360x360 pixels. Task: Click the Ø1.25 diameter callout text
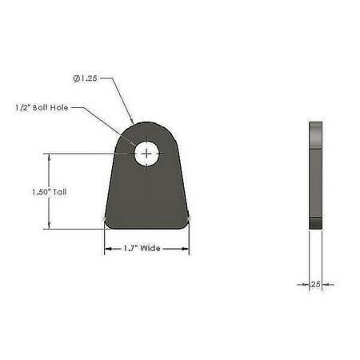85,78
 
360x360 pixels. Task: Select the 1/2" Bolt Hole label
42,108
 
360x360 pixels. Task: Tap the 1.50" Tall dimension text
50,192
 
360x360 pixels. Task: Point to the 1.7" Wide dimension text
142,249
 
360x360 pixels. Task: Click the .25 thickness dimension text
315,284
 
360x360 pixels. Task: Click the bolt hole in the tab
146,154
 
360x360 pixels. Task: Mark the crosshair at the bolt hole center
146,154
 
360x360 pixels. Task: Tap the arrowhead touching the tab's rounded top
132,122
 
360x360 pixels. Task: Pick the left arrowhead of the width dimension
108,249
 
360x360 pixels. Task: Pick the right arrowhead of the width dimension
186,249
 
